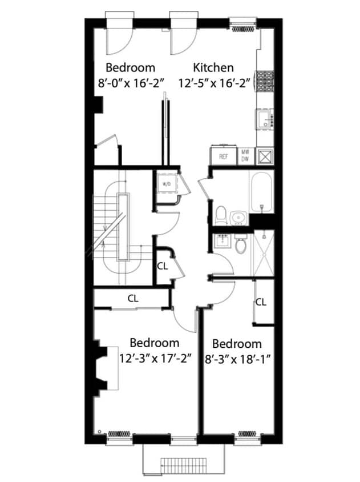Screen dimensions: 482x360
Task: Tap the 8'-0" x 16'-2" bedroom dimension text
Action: [131, 82]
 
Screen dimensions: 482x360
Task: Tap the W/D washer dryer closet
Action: [167, 184]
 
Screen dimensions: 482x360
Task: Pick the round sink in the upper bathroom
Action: [239, 217]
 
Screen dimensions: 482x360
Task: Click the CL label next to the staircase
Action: [162, 266]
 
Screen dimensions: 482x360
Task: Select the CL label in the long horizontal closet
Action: [133, 298]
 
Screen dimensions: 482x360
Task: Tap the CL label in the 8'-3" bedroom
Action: [261, 302]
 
